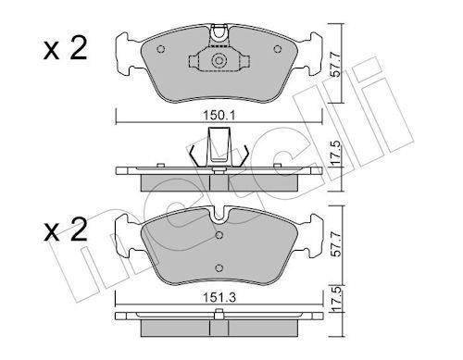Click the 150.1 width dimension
click(x=219, y=116)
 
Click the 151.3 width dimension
click(x=219, y=298)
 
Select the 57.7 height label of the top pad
click(x=335, y=65)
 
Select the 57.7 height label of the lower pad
click(x=336, y=244)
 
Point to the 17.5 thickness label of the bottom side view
click(x=337, y=299)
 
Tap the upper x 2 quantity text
click(x=65, y=49)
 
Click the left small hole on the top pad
click(x=161, y=49)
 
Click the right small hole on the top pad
click(x=278, y=49)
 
